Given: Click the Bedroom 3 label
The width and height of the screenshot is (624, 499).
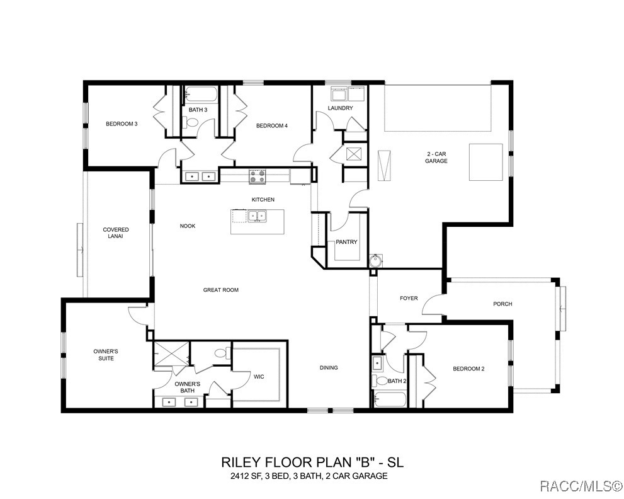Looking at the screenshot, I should click(x=122, y=124).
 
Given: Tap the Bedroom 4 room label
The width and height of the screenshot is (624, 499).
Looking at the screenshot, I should click(x=271, y=126).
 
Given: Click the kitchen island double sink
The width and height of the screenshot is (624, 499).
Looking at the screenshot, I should click(x=256, y=217).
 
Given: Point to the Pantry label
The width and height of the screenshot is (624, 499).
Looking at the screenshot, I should click(x=346, y=242).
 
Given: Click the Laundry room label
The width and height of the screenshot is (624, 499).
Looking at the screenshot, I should click(x=340, y=108).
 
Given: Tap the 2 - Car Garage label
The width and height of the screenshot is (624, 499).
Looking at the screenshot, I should click(x=435, y=158).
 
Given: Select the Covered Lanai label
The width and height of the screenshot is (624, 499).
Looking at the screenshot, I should click(x=116, y=233).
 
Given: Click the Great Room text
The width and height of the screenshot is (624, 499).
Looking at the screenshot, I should click(x=220, y=290).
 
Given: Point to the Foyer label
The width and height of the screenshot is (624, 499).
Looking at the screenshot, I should click(x=409, y=298).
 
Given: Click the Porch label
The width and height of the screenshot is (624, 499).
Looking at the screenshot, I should click(x=502, y=304).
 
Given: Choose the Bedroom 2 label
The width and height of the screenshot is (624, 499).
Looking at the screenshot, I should click(x=468, y=369).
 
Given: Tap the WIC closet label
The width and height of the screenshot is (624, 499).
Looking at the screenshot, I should click(x=259, y=377).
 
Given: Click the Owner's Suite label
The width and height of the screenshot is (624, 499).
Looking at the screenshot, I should click(x=105, y=355).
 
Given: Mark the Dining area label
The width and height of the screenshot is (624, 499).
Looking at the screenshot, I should click(x=328, y=368).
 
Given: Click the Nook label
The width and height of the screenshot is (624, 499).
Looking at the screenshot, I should click(x=188, y=226).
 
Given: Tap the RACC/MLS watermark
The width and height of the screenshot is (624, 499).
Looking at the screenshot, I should click(x=585, y=485).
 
